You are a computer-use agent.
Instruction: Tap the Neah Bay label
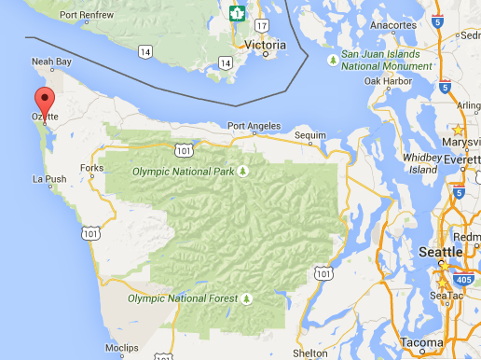(51, 62)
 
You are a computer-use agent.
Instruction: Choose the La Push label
(50, 178)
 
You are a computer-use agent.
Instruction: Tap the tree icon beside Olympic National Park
(243, 171)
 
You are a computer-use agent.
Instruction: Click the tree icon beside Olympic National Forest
(247, 299)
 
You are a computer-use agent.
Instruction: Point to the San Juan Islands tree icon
(333, 60)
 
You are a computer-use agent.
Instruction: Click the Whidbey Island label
(420, 164)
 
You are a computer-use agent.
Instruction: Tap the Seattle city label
(440, 253)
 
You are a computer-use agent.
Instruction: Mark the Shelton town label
(309, 353)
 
